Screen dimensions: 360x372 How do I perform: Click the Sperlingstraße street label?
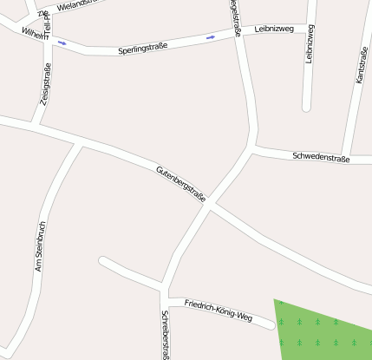pyautogui.click(x=142, y=49)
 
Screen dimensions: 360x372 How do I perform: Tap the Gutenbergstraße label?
pyautogui.click(x=180, y=184)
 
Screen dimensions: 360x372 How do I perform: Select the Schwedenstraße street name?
pyautogui.click(x=321, y=158)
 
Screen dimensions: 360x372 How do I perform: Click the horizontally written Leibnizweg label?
pyautogui.click(x=276, y=29)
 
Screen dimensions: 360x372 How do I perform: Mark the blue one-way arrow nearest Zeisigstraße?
pyautogui.click(x=62, y=42)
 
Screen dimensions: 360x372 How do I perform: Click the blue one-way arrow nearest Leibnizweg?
pyautogui.click(x=211, y=37)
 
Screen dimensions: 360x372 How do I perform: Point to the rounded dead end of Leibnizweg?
pyautogui.click(x=306, y=107)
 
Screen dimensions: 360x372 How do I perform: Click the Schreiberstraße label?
pyautogui.click(x=164, y=335)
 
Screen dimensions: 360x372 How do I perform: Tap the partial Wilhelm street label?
pyautogui.click(x=35, y=34)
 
